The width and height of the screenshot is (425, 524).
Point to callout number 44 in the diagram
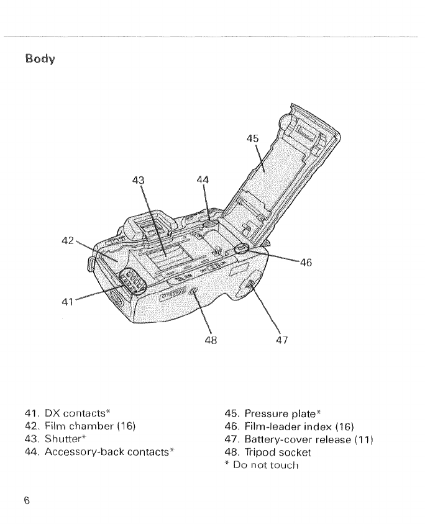202,181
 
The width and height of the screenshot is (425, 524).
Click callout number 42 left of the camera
68,238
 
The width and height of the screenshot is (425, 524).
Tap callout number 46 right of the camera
306,263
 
